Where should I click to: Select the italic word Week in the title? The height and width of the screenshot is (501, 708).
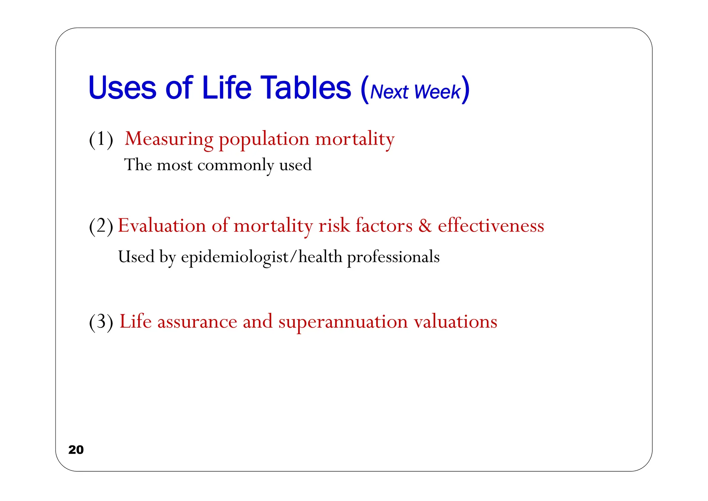tap(437, 92)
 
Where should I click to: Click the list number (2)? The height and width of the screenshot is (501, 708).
tap(101, 226)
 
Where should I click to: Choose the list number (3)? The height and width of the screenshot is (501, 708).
tap(101, 322)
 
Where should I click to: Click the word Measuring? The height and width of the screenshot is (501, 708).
tap(169, 139)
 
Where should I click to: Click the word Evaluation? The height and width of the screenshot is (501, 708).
tap(162, 226)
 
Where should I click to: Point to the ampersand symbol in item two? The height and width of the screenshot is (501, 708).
tap(425, 226)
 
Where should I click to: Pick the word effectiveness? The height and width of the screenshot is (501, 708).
tap(491, 226)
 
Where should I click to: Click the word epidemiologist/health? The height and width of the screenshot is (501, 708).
tap(261, 257)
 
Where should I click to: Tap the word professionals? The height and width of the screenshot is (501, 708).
tap(393, 257)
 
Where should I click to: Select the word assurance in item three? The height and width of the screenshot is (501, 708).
tap(197, 321)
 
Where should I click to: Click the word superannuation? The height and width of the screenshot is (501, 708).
tap(343, 322)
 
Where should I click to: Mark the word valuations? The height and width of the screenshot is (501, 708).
tap(455, 321)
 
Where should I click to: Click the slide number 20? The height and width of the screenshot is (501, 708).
tap(76, 449)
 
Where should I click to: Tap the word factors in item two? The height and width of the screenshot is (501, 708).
tap(384, 226)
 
